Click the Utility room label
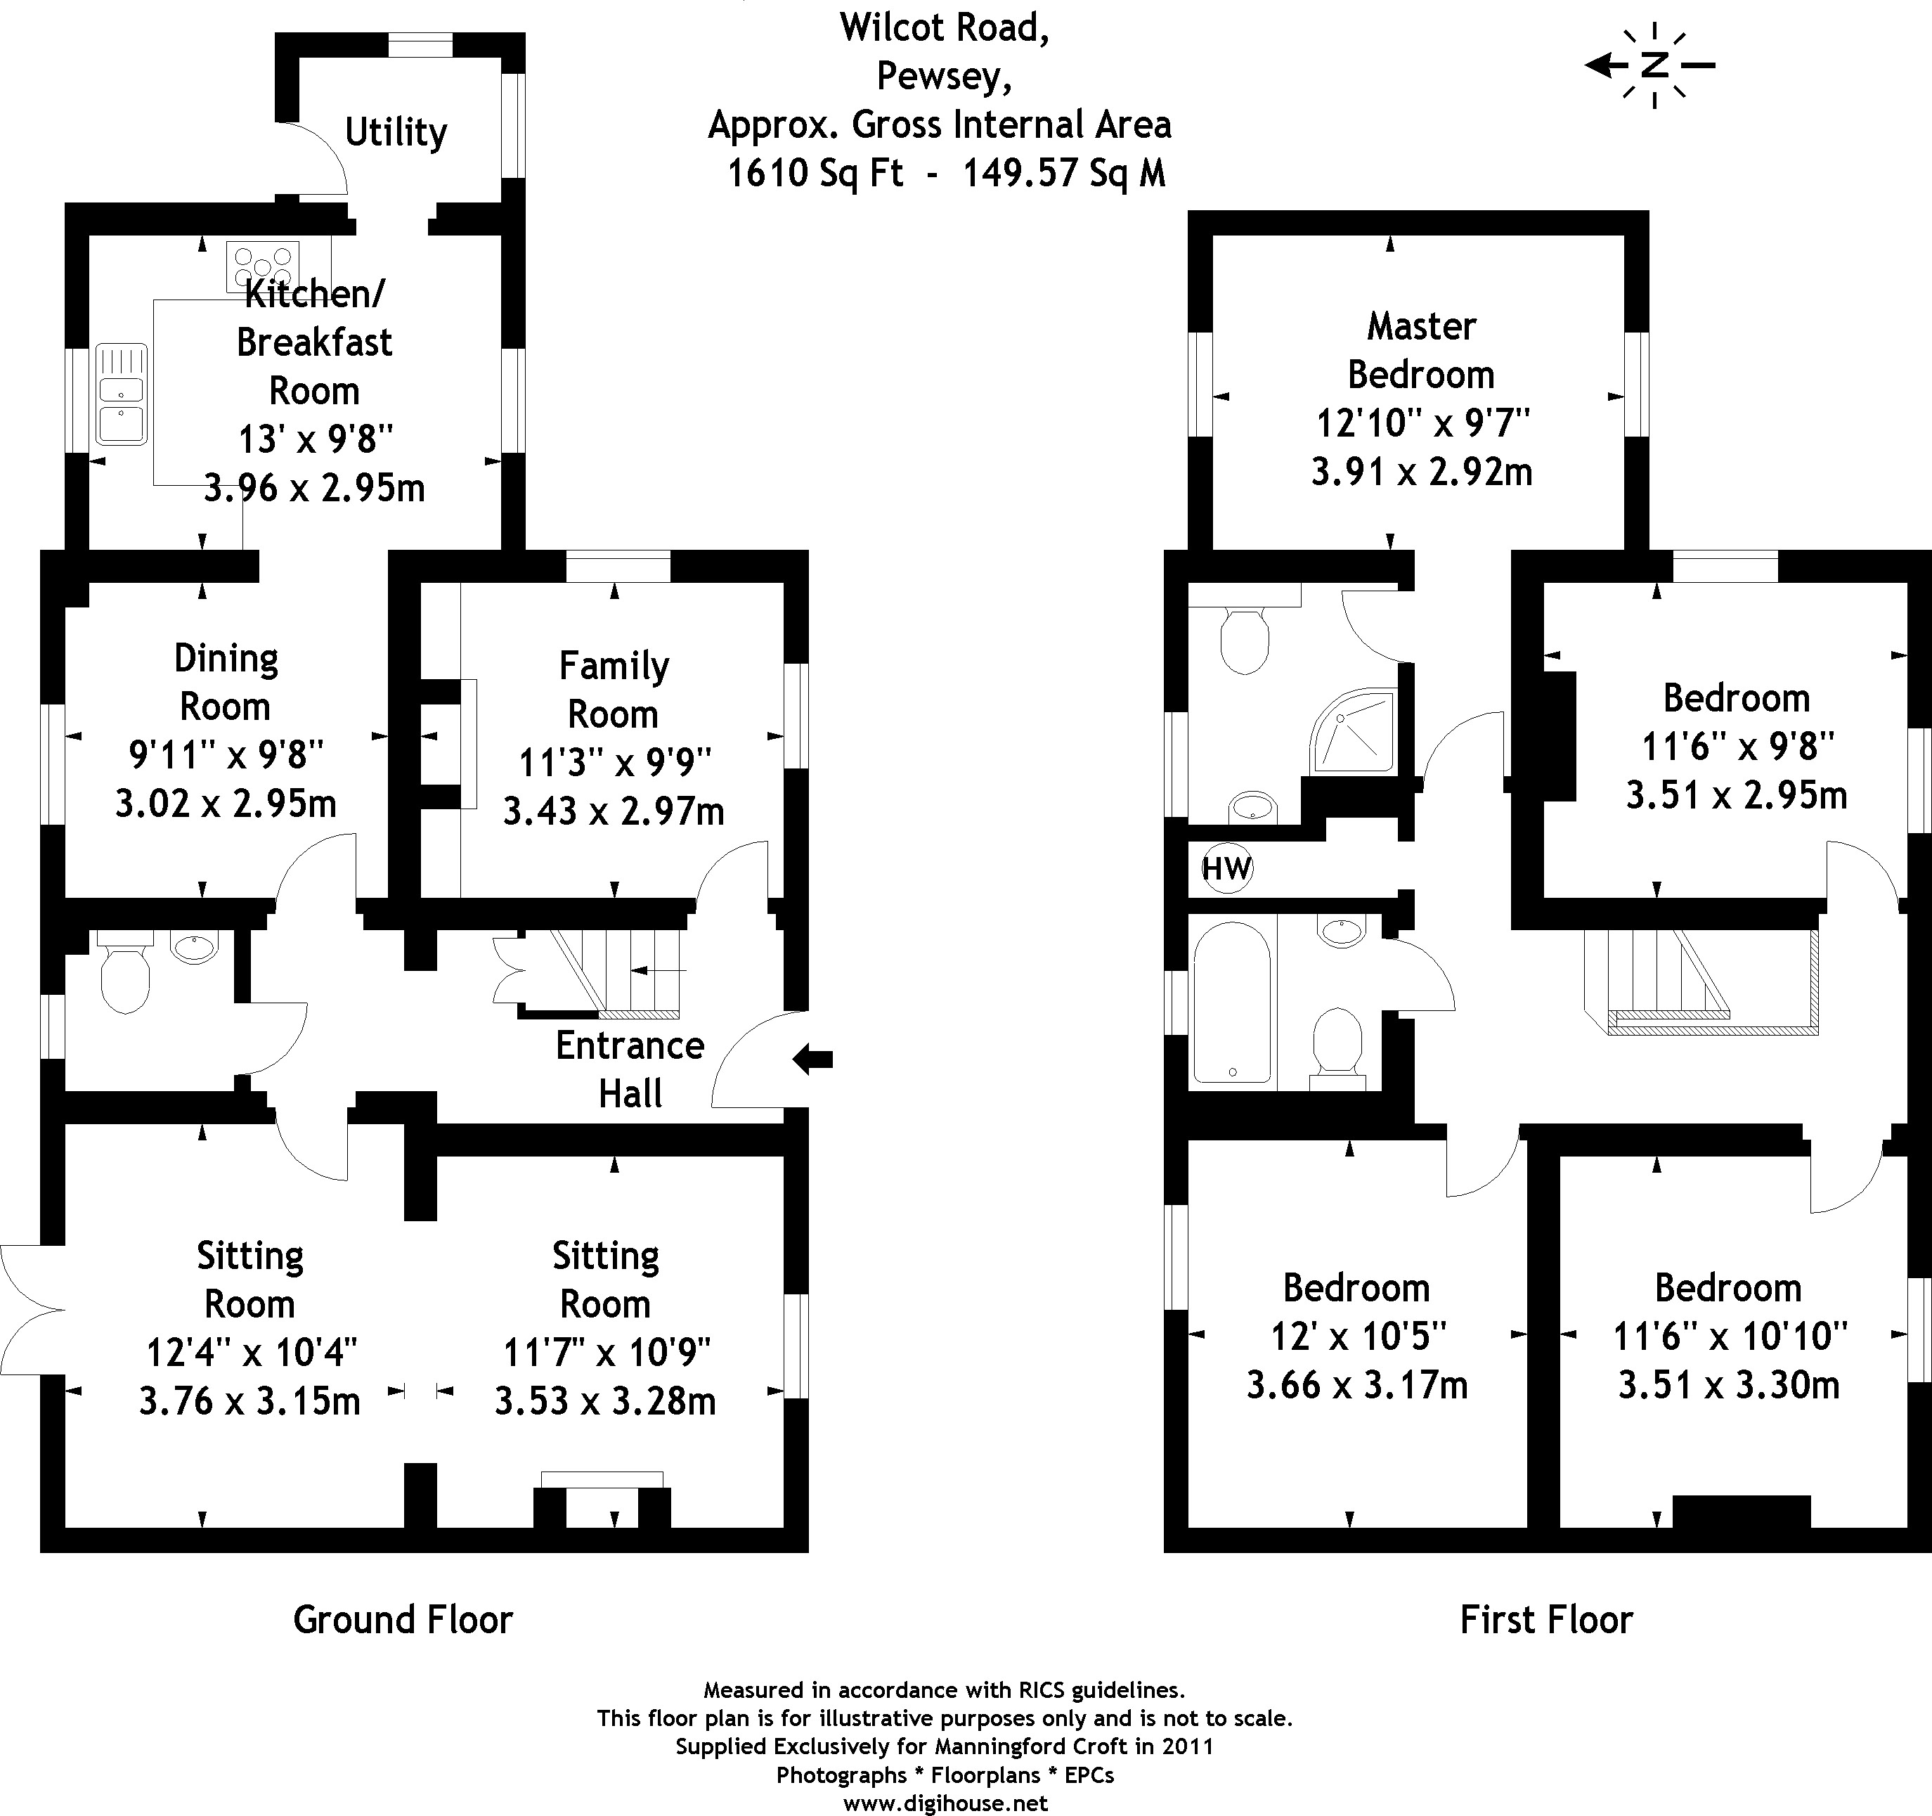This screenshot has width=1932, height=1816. point(396,132)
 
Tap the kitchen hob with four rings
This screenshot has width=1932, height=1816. point(262,265)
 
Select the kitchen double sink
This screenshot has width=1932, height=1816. point(122,394)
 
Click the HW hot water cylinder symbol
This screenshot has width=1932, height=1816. point(1226,867)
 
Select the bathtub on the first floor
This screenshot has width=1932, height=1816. point(1231,1003)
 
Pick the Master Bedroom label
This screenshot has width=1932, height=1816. point(1421,350)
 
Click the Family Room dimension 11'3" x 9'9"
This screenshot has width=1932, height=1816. point(614,762)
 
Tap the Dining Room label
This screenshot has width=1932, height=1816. point(226,683)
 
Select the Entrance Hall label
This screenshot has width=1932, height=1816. point(630,1069)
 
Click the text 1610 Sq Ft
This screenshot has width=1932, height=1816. point(815,173)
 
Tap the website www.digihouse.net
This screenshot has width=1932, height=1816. point(945,1803)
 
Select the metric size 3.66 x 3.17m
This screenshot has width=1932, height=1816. point(1356,1384)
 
